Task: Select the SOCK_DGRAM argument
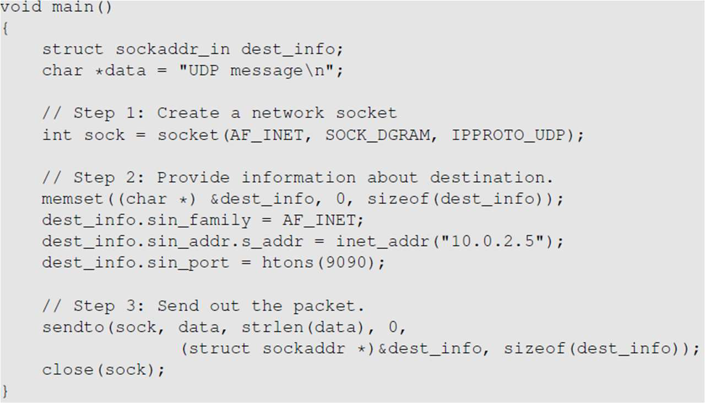[x=377, y=135]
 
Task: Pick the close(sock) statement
[x=104, y=369]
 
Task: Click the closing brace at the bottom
[x=5, y=391]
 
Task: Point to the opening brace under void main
[x=5, y=29]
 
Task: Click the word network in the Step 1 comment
[x=288, y=113]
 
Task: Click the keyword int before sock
[x=57, y=135]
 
